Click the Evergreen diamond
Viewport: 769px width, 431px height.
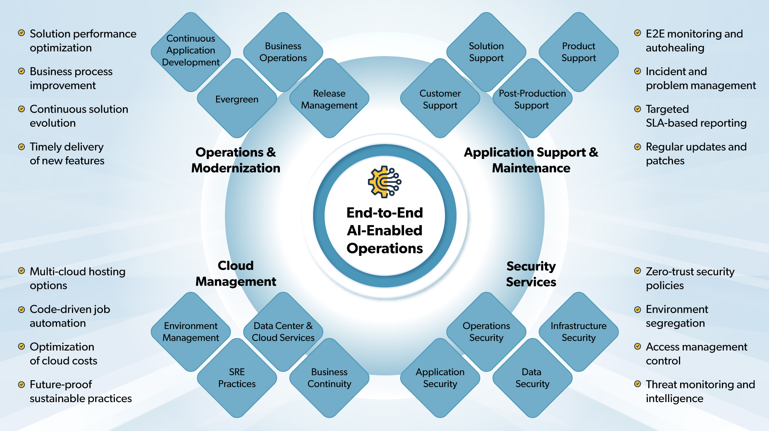(x=237, y=99)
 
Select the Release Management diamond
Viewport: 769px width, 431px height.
(x=329, y=99)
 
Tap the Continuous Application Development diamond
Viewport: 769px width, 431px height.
(x=191, y=50)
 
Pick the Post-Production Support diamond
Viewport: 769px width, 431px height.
(x=532, y=99)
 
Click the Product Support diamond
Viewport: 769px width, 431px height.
(x=578, y=52)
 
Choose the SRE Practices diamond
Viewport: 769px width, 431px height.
(x=237, y=378)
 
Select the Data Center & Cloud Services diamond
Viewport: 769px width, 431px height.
(x=283, y=332)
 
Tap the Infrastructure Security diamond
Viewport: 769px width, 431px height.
(x=578, y=332)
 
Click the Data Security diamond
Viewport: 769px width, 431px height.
(x=532, y=378)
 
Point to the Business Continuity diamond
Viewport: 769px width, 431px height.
(x=329, y=378)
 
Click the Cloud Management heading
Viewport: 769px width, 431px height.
(x=236, y=273)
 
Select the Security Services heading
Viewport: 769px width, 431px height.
(x=531, y=274)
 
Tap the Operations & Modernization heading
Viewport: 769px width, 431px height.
(x=236, y=160)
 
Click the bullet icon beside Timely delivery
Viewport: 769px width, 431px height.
(x=21, y=147)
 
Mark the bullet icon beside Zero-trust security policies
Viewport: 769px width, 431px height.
(x=638, y=271)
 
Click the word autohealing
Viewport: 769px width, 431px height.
(x=675, y=48)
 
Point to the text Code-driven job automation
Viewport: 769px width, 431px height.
(x=70, y=316)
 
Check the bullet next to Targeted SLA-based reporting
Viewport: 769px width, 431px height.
(x=638, y=109)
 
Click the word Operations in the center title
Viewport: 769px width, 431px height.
(x=384, y=249)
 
